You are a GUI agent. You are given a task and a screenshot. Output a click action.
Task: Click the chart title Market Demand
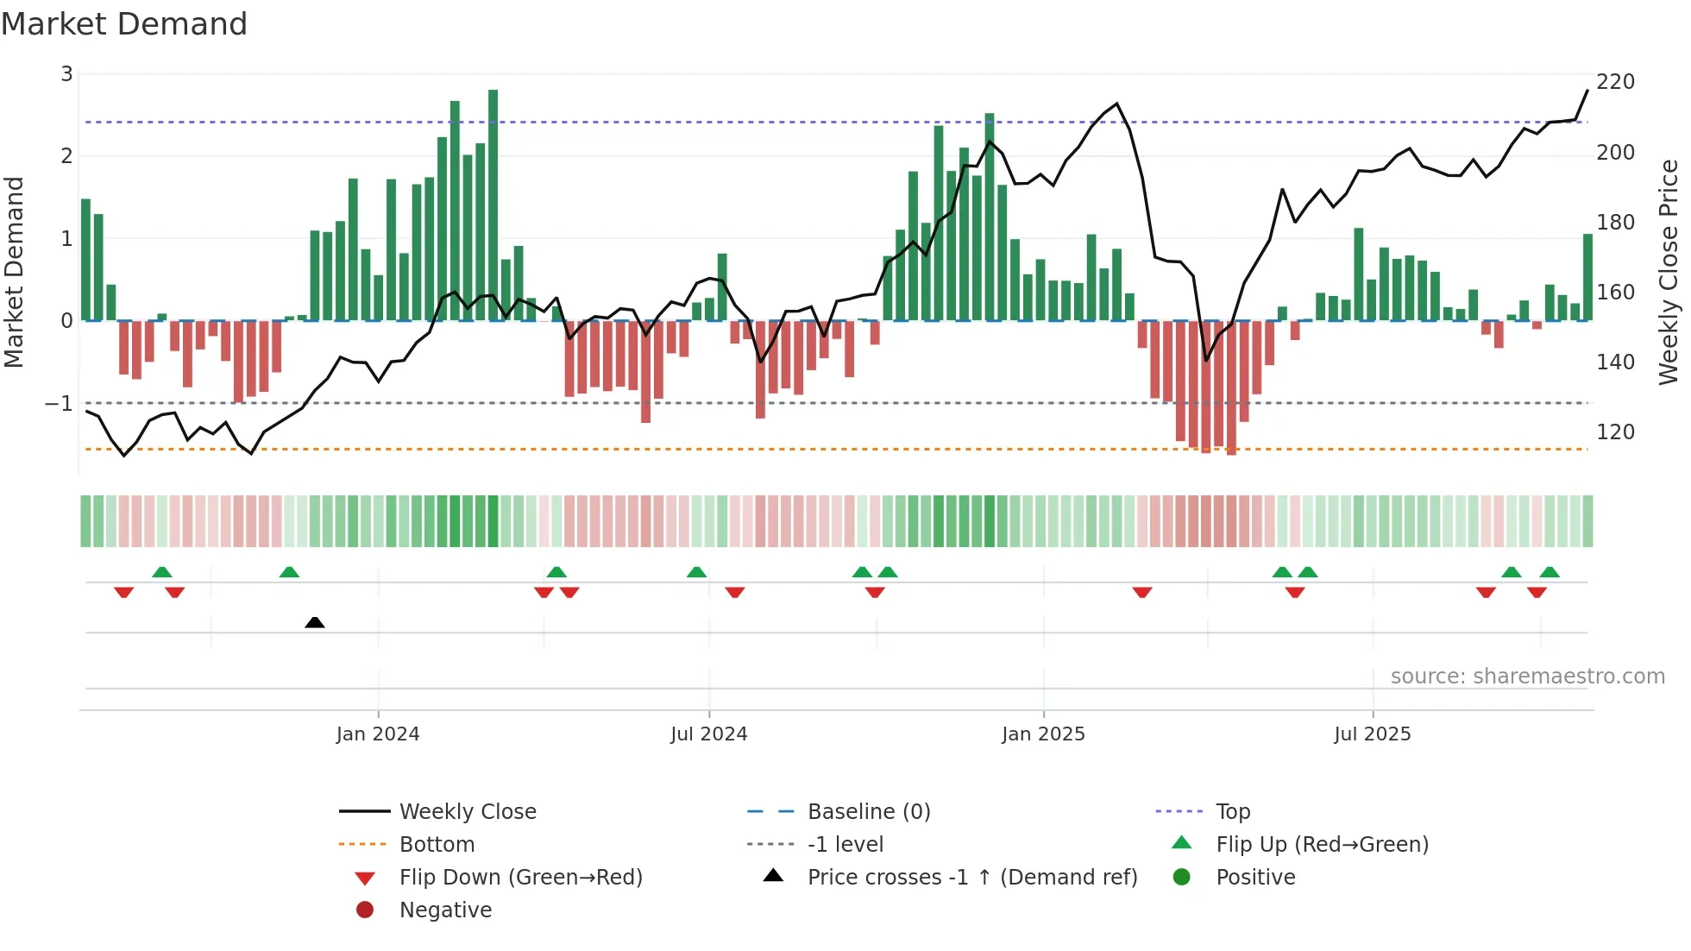point(124,24)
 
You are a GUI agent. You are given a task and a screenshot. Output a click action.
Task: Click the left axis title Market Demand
point(14,273)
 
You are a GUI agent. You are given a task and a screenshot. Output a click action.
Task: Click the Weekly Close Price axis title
point(1669,273)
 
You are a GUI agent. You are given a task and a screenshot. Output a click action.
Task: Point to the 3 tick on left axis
point(66,74)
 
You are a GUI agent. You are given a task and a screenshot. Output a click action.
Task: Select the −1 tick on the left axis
point(60,403)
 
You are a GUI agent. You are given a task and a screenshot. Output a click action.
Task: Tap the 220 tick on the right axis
point(1615,82)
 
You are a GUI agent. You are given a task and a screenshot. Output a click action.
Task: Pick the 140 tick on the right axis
point(1615,362)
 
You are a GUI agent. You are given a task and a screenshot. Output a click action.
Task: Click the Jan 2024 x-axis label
point(378,734)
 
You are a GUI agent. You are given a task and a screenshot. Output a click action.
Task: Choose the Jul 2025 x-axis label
point(1372,734)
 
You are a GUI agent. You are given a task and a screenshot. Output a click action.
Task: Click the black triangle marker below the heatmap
point(315,622)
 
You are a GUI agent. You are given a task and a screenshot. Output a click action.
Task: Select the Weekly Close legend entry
point(467,812)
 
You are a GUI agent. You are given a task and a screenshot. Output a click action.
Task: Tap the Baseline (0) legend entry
point(868,812)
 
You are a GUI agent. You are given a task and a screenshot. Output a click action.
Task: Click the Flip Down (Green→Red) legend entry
point(520,878)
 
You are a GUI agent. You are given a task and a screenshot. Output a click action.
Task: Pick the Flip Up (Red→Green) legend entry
point(1322,845)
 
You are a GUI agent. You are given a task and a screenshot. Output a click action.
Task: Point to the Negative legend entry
point(445,910)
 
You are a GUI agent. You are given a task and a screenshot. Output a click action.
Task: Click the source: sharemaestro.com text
point(1527,677)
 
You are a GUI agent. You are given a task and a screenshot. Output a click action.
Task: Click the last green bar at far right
point(1587,277)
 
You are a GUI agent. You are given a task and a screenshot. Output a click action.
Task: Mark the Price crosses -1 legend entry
point(971,878)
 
